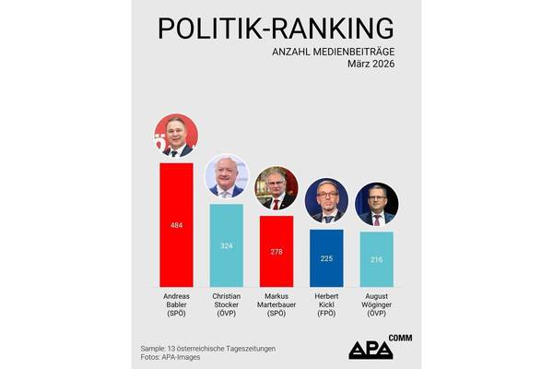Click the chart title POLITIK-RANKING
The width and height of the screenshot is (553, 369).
click(x=276, y=28)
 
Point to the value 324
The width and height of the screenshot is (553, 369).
click(x=227, y=245)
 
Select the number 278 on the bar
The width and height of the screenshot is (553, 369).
click(x=276, y=252)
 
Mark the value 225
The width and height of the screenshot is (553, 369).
click(x=326, y=259)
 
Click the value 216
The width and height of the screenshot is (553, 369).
click(x=376, y=260)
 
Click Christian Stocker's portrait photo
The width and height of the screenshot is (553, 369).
click(x=227, y=177)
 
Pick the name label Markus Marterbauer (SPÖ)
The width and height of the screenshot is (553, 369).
click(x=276, y=304)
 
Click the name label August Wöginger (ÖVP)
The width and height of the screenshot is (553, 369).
click(x=376, y=304)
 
